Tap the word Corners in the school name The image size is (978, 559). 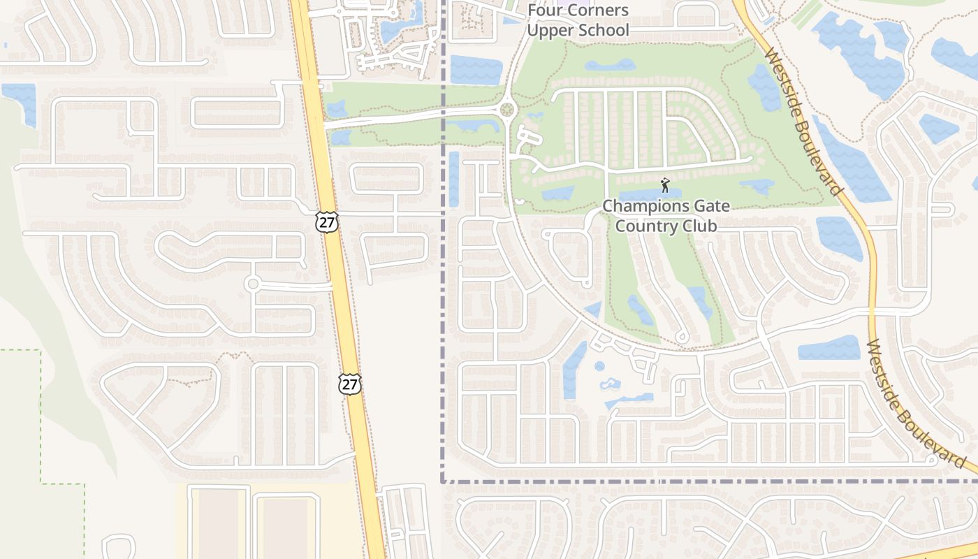[x=597, y=10]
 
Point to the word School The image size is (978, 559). [x=605, y=30]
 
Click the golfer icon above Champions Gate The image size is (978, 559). [x=665, y=185]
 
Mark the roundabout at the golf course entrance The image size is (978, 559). [x=507, y=110]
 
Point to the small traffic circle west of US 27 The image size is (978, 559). [x=253, y=284]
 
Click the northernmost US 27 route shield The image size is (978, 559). [x=326, y=222]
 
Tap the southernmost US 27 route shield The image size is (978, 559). [x=350, y=384]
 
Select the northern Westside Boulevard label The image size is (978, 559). [x=804, y=122]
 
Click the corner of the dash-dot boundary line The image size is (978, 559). [x=443, y=481]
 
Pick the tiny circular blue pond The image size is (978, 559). [x=599, y=365]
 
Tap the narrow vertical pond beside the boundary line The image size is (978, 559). [x=453, y=179]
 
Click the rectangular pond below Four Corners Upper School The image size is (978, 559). [x=476, y=70]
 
